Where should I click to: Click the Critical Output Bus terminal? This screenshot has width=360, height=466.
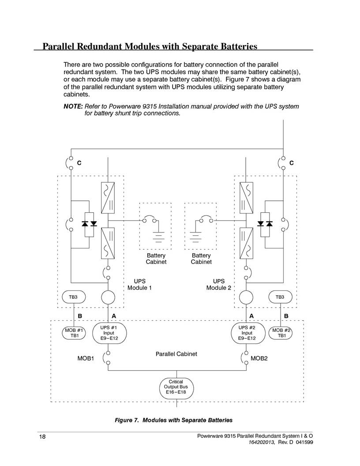(x=176, y=388)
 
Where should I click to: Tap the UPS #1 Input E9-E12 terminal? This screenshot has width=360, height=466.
(x=109, y=333)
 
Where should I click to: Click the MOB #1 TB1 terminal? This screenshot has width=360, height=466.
(x=74, y=333)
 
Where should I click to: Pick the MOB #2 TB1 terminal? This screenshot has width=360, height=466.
(x=281, y=333)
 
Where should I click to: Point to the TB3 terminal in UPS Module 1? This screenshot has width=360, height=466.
(x=74, y=297)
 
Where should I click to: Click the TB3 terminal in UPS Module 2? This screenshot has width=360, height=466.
(x=281, y=297)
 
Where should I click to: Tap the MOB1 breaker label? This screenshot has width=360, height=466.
(x=86, y=358)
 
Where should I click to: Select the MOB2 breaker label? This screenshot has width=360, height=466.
(x=259, y=358)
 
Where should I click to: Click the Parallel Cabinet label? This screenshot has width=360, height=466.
(x=176, y=354)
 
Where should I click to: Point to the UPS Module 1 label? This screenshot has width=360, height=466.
(x=139, y=285)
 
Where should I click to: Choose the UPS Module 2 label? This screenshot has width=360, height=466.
(x=219, y=285)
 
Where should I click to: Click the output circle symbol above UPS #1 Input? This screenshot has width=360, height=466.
(x=108, y=297)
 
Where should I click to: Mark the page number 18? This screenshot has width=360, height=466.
(x=42, y=436)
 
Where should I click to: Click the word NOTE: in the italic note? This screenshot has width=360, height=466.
(x=73, y=106)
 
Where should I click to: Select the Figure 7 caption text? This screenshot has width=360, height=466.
(x=173, y=420)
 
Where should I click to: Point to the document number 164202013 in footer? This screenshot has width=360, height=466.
(x=262, y=442)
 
